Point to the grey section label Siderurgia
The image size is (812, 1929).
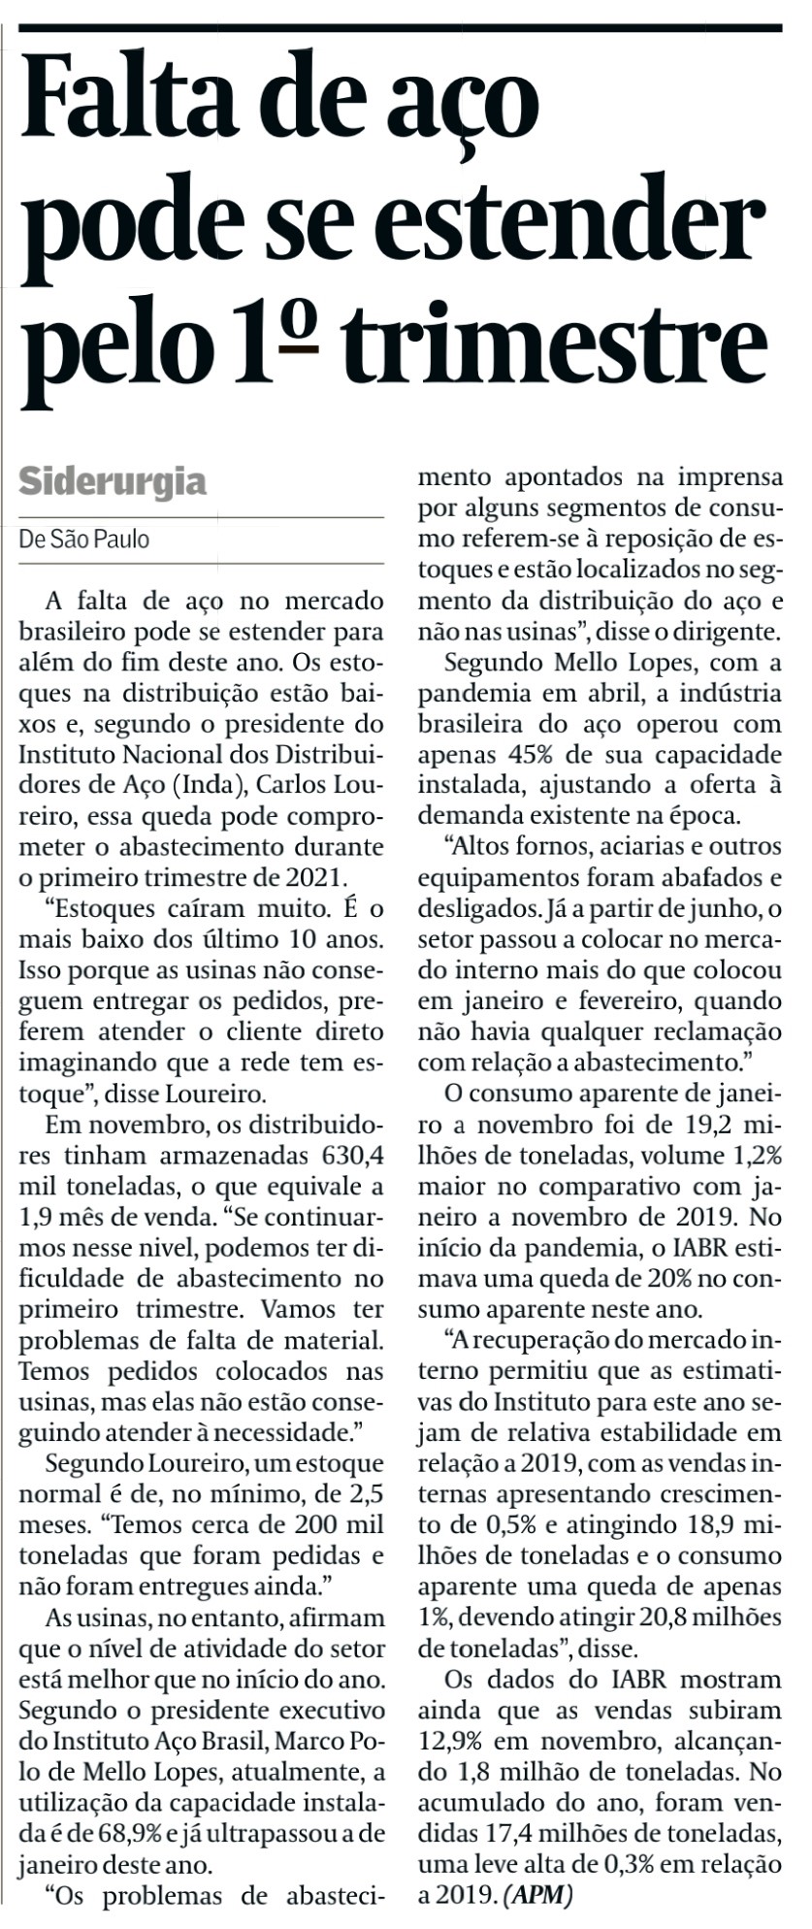pyautogui.click(x=113, y=481)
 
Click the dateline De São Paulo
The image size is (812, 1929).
pyautogui.click(x=84, y=539)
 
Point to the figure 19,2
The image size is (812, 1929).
pyautogui.click(x=704, y=1126)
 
